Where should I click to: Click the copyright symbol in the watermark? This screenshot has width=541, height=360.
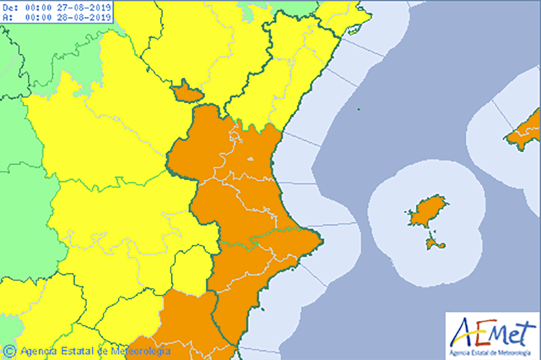pos(9,350)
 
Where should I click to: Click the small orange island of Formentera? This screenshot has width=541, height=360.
pos(435,243)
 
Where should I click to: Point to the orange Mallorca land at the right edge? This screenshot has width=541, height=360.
pos(526,132)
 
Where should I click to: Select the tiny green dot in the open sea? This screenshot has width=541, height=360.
pos(358,109)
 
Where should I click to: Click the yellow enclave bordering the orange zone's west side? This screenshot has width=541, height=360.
pos(190,270)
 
